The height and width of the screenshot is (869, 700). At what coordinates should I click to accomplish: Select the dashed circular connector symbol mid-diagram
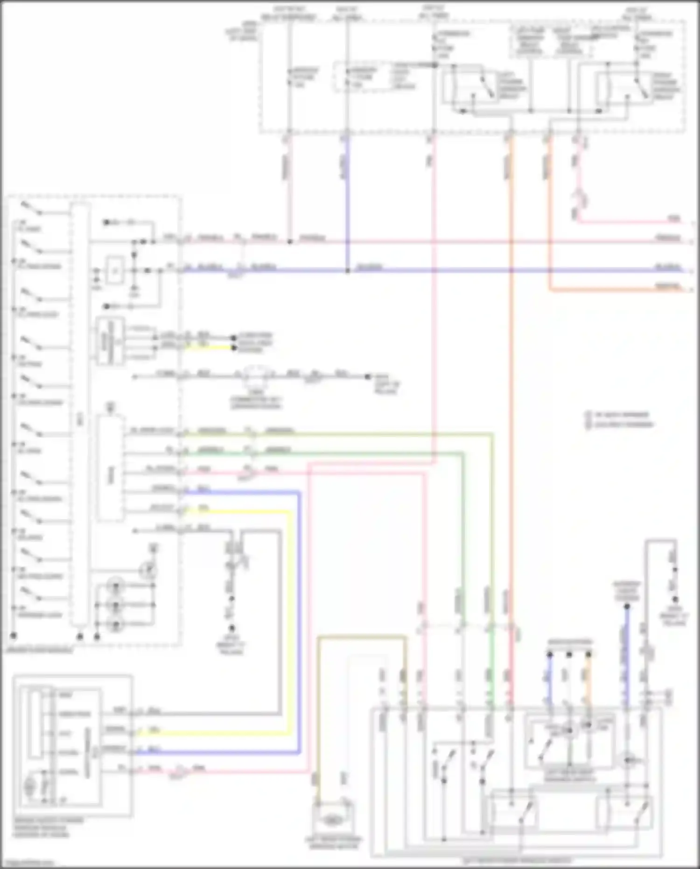click(x=255, y=374)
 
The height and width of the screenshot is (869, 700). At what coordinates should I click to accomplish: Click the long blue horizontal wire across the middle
click(x=467, y=270)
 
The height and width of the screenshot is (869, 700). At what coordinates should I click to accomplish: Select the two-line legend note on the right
click(x=620, y=419)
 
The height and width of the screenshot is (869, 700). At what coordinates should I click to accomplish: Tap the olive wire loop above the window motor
click(x=362, y=637)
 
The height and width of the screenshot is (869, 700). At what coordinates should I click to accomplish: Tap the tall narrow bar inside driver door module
click(x=79, y=420)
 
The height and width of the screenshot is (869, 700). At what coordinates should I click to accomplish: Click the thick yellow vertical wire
click(x=291, y=607)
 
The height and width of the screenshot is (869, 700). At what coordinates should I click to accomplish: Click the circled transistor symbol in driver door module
click(x=149, y=570)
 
